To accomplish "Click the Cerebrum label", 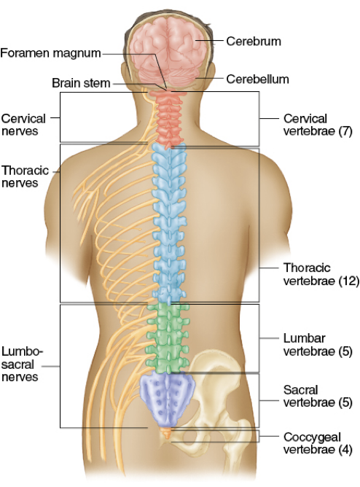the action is (x=254, y=41).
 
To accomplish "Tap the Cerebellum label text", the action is (x=257, y=79).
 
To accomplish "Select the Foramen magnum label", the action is (x=50, y=53).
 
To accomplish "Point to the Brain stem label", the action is (x=81, y=83).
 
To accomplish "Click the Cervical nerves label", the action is (x=23, y=125).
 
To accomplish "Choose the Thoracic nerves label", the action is (x=25, y=176).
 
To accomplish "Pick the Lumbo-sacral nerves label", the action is (x=22, y=364).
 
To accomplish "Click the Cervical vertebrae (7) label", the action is (x=318, y=125).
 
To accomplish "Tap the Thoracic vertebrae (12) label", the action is (x=321, y=274).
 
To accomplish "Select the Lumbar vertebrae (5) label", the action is (x=318, y=344).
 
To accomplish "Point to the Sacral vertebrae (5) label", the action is (x=318, y=396).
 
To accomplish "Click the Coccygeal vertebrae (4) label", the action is (x=318, y=443).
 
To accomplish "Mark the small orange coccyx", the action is (x=166, y=432).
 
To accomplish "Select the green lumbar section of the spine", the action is (x=168, y=338).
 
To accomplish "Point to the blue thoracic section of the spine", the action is (x=169, y=223).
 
